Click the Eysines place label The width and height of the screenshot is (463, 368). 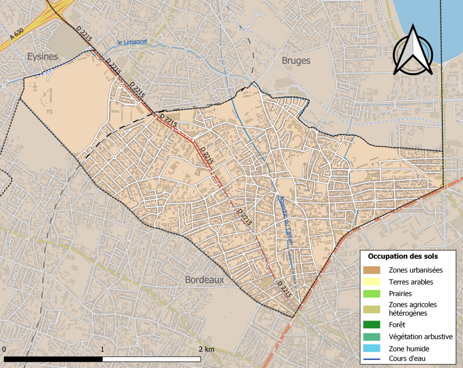pos(43,57)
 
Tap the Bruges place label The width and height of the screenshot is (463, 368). pos(296,61)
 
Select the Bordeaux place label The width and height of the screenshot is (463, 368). pos(204,280)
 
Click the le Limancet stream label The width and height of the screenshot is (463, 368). pos(132,42)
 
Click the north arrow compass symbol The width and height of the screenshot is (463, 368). pos(413,51)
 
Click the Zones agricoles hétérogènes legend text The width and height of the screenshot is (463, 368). pos(413,308)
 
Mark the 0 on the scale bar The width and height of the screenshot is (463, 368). pos(4,349)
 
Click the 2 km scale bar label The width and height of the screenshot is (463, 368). pos(206,349)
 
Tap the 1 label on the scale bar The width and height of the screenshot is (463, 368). pos(103,349)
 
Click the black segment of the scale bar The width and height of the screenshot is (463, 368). pos(53,359)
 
